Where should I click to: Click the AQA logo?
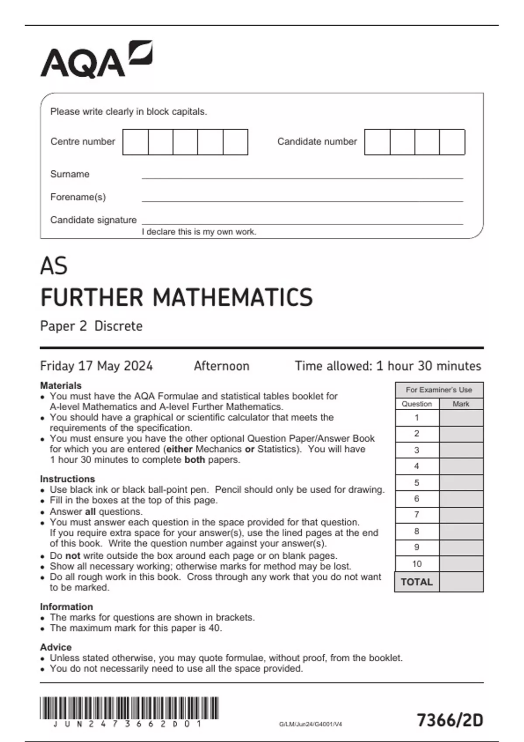[x=96, y=60]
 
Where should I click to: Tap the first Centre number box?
[x=135, y=142]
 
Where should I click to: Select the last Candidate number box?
[x=452, y=142]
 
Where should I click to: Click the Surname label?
[x=70, y=174]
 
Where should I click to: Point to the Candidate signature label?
[x=93, y=220]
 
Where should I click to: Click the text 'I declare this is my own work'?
[x=199, y=232]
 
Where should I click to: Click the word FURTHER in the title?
[x=92, y=298]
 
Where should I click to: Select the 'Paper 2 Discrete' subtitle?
[x=91, y=326]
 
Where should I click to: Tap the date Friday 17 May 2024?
[x=96, y=366]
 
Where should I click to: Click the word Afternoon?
[x=221, y=366]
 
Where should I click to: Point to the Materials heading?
[x=61, y=386]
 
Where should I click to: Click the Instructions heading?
[x=67, y=479]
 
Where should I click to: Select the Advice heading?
[x=55, y=647]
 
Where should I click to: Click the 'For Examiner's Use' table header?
[x=439, y=390]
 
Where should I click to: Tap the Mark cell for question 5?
[x=461, y=483]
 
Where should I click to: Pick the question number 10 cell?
[x=417, y=564]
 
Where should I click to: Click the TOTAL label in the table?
[x=417, y=582]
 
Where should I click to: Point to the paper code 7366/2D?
[x=450, y=720]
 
